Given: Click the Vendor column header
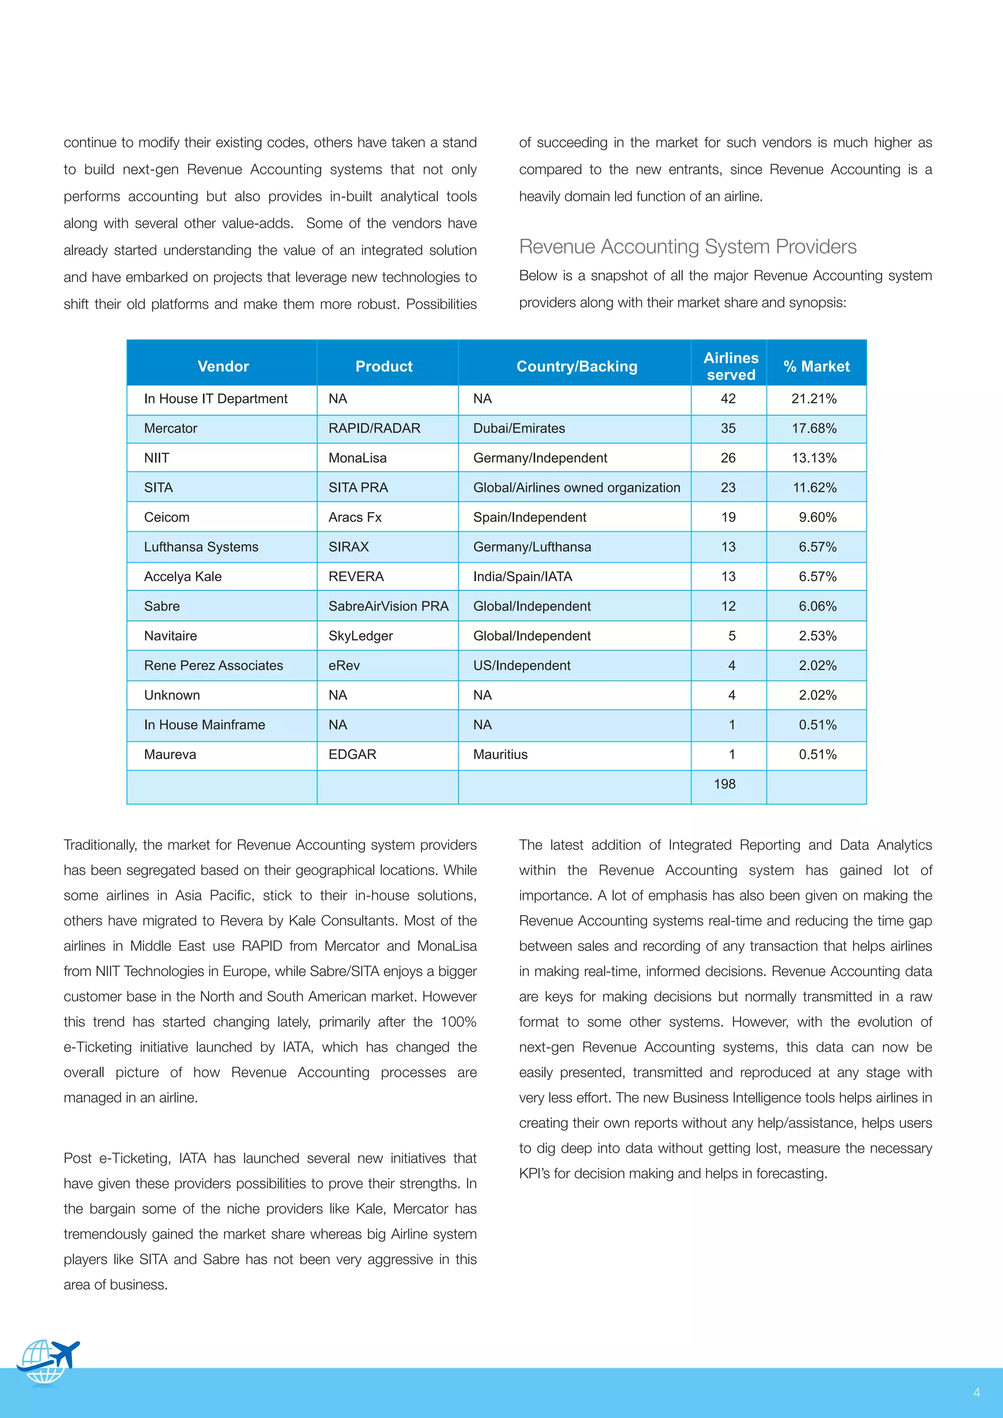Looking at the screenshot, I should pos(223,366).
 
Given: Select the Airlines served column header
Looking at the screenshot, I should pos(731,366).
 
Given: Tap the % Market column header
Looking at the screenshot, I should pos(816,366).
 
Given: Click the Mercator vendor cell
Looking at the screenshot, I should pos(170,428).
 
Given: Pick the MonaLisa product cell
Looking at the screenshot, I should pos(358,458).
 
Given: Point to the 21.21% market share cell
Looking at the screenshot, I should pos(813,399).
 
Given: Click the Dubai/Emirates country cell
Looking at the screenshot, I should pos(519,428).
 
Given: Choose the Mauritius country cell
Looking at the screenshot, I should pos(500,754).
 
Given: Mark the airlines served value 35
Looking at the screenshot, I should pos(728,428).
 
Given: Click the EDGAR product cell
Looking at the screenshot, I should pos(352,754).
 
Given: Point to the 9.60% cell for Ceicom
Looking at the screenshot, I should pos(817,517).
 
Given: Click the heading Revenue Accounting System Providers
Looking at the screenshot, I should pos(688,246).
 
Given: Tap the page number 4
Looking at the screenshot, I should pos(977,1392).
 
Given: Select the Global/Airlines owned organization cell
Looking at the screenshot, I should pos(576,487).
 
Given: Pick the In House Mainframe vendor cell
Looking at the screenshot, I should pos(204,725).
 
